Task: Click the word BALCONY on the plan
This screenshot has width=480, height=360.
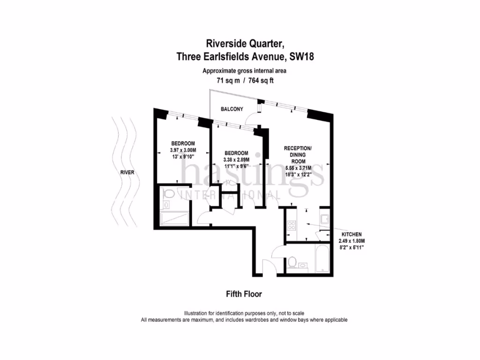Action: [x=232, y=109]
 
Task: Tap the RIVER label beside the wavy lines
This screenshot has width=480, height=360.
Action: [x=127, y=172]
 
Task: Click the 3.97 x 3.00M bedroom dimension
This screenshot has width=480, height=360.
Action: [x=183, y=150]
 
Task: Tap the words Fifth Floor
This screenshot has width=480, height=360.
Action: [x=244, y=294]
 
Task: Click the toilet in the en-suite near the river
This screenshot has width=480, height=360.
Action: [x=169, y=195]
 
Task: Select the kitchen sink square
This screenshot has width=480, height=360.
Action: [x=324, y=218]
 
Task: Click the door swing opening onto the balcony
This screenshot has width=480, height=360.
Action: [x=253, y=118]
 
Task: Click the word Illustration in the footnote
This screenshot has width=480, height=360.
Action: [x=198, y=313]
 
